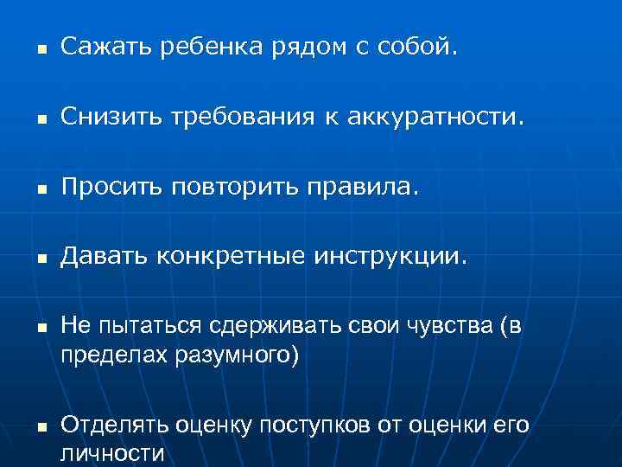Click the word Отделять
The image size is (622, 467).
pos(114,425)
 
